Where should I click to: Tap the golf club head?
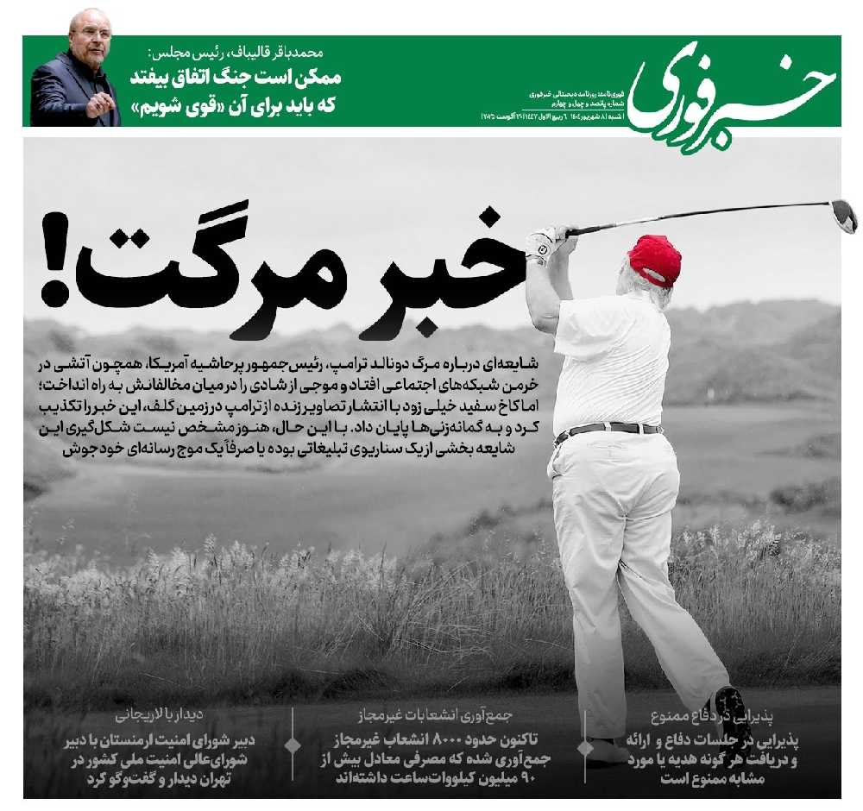click(x=843, y=216)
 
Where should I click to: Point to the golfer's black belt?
click(x=608, y=429)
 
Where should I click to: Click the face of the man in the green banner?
click(x=91, y=36)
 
